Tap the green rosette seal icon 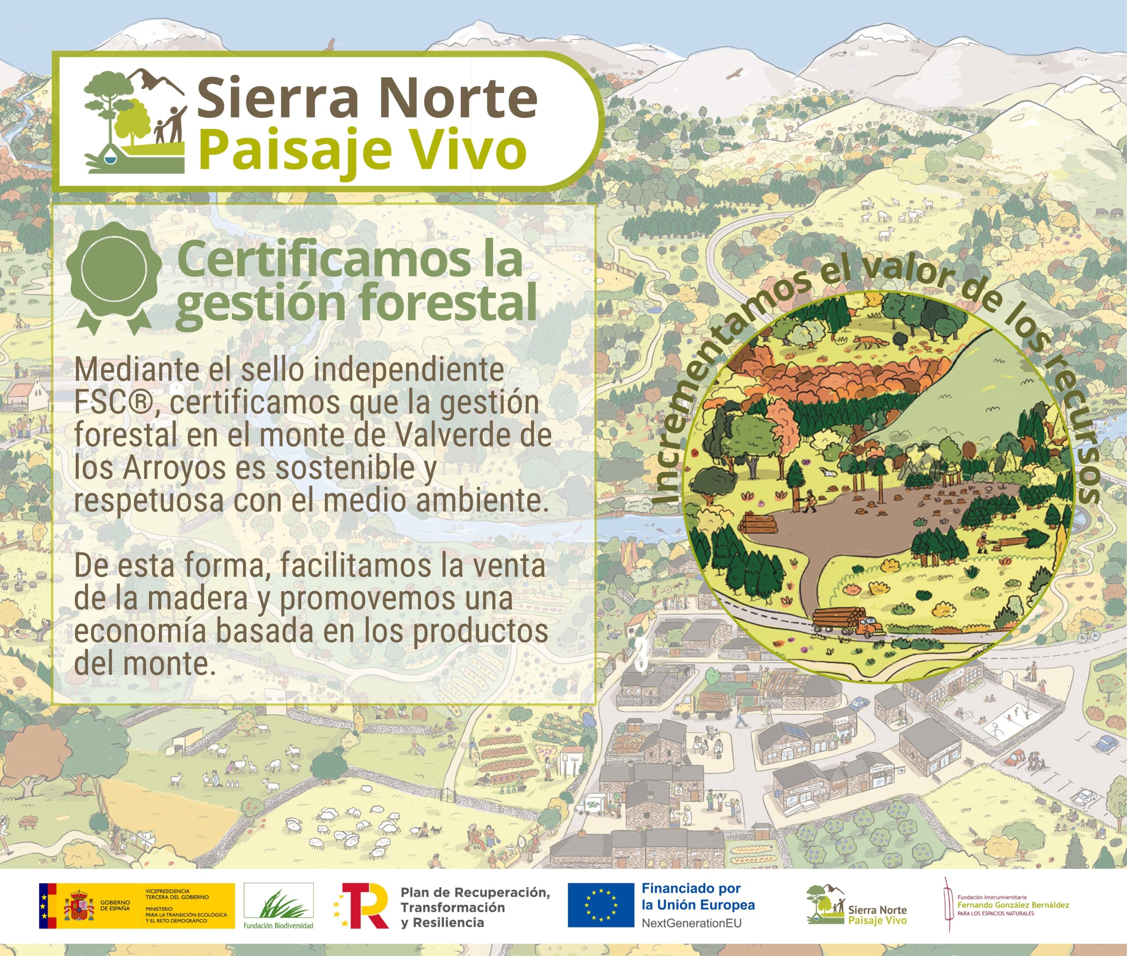click(x=114, y=276)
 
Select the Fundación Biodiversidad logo click(x=278, y=905)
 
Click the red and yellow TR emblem click(x=361, y=905)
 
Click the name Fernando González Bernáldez click(x=1013, y=905)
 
